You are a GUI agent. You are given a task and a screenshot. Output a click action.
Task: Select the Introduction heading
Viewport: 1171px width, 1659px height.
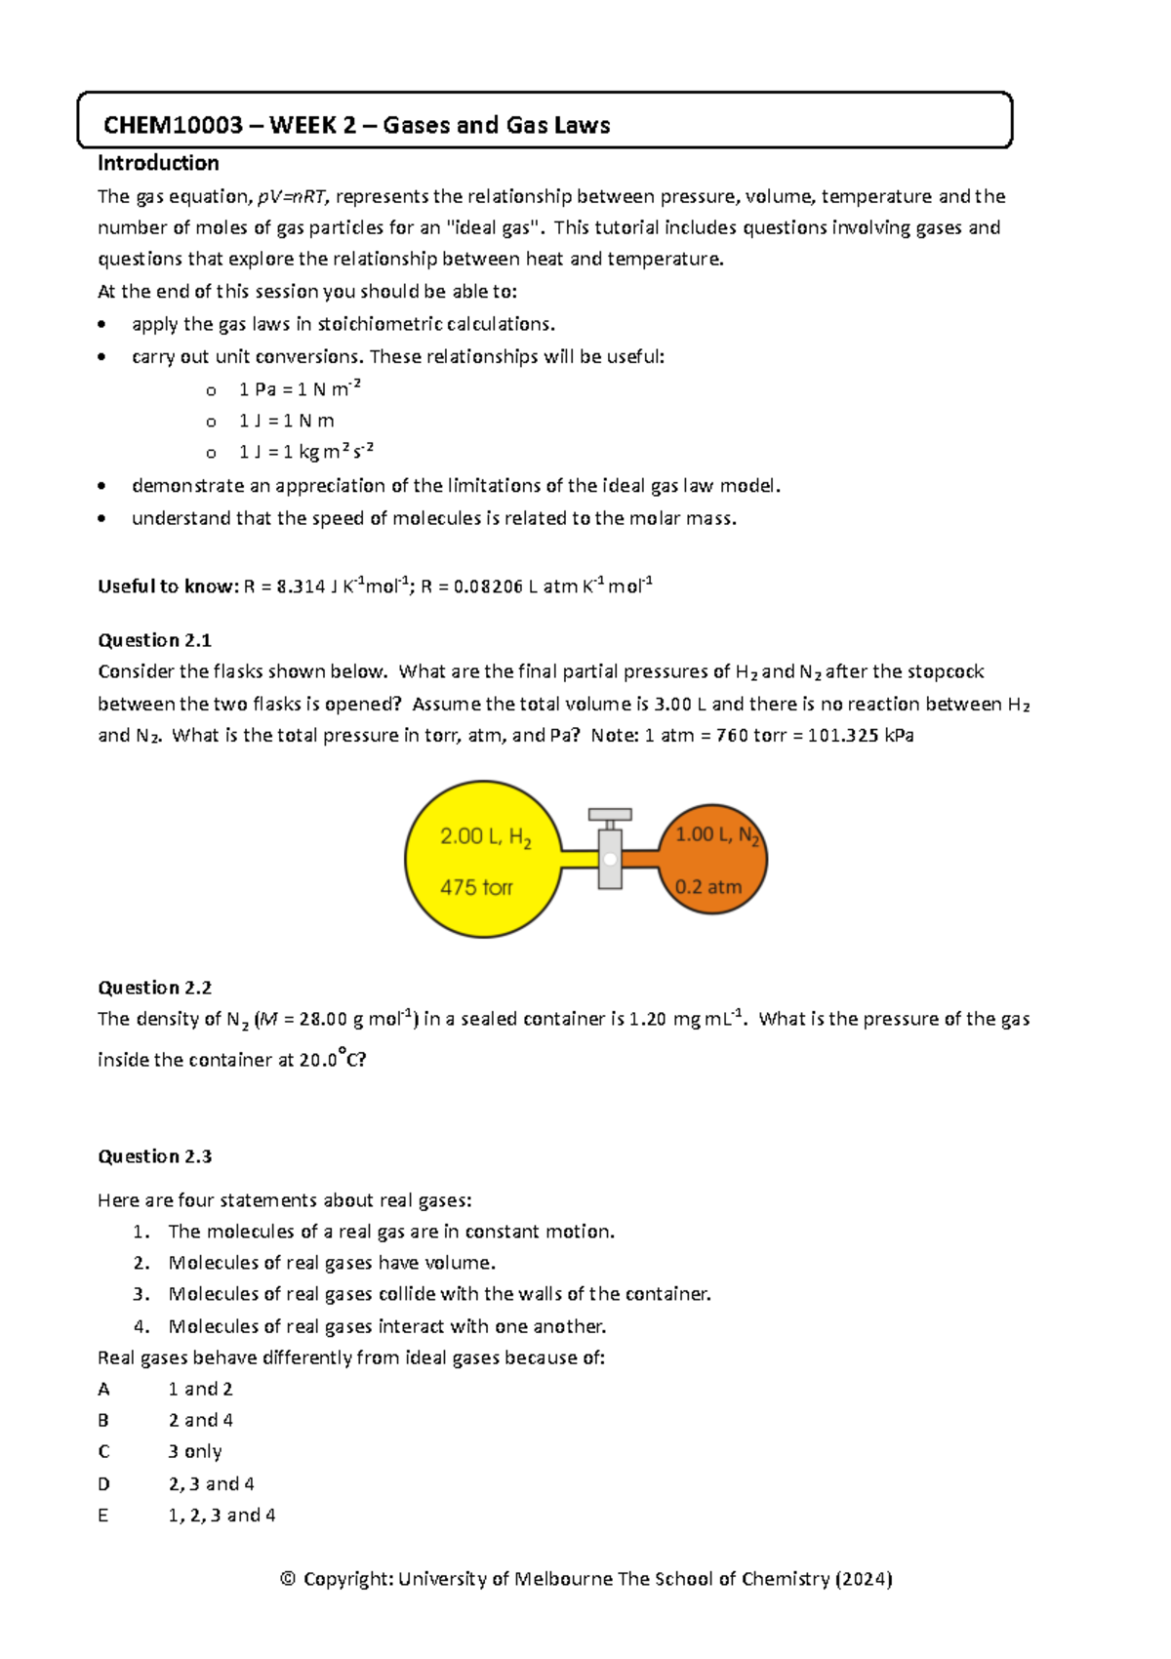pyautogui.click(x=158, y=163)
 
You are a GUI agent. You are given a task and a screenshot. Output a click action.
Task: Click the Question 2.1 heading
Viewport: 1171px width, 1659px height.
pyautogui.click(x=154, y=640)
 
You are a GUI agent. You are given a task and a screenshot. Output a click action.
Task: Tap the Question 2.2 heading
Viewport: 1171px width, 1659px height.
pyautogui.click(x=154, y=988)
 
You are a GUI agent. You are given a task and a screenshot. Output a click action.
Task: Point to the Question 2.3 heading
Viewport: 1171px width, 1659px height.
pyautogui.click(x=154, y=1156)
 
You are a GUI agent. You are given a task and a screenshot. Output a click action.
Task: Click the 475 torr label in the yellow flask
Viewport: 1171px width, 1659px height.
pyautogui.click(x=476, y=887)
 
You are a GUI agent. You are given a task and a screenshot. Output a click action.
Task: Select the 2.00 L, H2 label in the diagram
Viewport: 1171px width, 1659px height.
pyautogui.click(x=485, y=837)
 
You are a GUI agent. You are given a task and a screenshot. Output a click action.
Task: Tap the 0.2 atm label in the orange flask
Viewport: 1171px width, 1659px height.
pyautogui.click(x=708, y=887)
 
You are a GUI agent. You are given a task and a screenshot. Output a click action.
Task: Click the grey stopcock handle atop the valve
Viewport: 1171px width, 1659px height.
pyautogui.click(x=610, y=814)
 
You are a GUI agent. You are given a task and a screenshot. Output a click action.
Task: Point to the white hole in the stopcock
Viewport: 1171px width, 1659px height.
pyautogui.click(x=610, y=859)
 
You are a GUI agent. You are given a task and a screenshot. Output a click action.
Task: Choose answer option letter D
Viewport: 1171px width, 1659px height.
pyautogui.click(x=103, y=1484)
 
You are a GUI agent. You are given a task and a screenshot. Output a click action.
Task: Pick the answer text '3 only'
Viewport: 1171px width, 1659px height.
pyautogui.click(x=195, y=1452)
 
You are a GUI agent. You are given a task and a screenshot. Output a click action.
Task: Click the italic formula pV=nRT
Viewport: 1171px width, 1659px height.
pyautogui.click(x=293, y=197)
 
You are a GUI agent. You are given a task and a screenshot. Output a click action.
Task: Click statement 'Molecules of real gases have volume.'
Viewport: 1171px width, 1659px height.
pyautogui.click(x=332, y=1263)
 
